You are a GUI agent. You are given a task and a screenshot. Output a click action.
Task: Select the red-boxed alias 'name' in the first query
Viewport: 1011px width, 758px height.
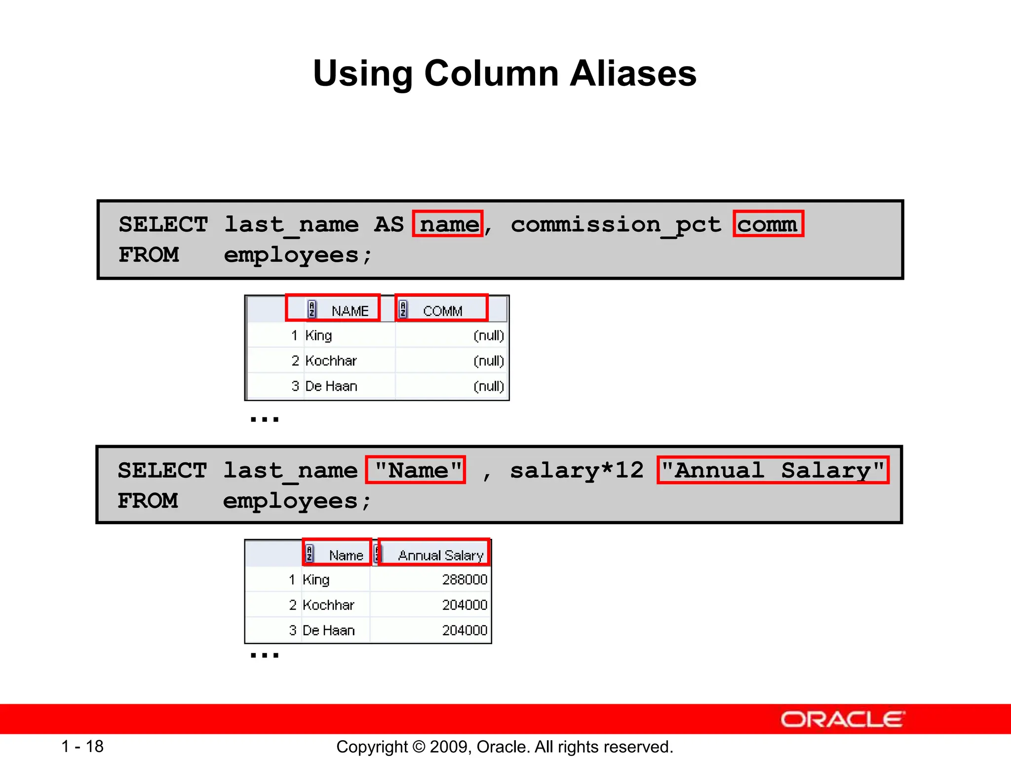(448, 224)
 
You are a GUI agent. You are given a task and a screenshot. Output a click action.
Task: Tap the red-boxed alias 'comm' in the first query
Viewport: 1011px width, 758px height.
(768, 224)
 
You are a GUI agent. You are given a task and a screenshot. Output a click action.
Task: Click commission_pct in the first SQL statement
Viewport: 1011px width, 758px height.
(616, 225)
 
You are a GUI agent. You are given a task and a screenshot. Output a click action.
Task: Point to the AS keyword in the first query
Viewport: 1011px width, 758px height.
(389, 224)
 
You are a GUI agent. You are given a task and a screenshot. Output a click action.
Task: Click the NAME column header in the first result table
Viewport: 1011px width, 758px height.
(350, 311)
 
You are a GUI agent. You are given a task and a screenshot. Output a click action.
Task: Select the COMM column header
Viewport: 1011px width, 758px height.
(442, 311)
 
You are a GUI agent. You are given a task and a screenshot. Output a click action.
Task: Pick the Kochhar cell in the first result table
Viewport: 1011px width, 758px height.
(331, 361)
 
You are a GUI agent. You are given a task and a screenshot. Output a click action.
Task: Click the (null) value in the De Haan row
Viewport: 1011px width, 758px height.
(488, 386)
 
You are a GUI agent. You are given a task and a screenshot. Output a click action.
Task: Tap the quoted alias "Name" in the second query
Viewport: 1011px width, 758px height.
(416, 470)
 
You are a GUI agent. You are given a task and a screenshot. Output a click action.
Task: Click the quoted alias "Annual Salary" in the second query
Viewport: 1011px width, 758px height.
(773, 470)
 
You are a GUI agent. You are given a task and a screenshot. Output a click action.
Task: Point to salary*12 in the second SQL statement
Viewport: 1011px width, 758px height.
(577, 470)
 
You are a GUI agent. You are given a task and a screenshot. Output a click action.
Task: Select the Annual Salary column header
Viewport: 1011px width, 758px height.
(440, 555)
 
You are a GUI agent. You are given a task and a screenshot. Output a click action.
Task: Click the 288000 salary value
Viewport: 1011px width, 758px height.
(465, 579)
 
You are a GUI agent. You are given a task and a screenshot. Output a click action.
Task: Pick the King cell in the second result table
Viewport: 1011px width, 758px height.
(316, 579)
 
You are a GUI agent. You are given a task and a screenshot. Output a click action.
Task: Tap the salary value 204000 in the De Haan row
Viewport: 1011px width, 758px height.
(465, 630)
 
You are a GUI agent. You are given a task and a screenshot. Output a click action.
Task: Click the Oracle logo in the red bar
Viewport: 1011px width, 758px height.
(842, 719)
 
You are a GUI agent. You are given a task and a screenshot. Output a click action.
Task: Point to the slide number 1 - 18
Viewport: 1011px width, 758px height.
(82, 746)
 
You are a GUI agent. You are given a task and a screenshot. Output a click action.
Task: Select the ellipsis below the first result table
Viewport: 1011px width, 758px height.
(265, 419)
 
